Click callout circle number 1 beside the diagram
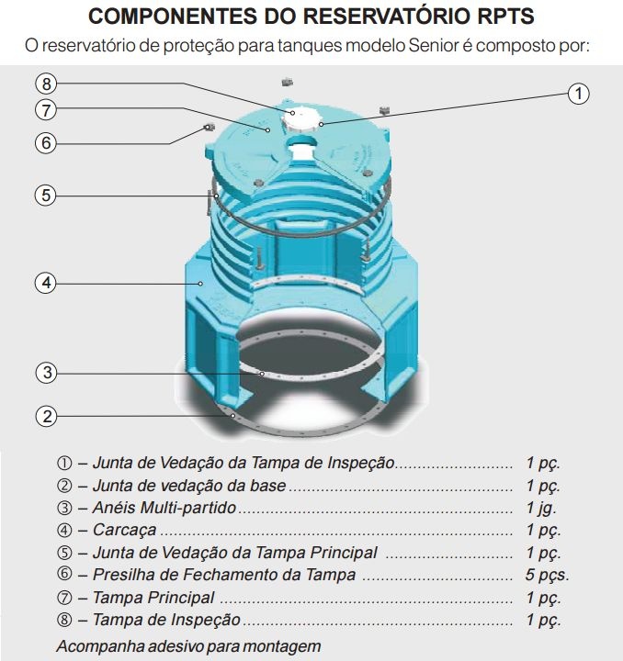tap(577, 94)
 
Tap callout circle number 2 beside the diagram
tap(48, 415)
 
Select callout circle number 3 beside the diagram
tap(48, 373)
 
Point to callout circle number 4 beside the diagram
tap(48, 283)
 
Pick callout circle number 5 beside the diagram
tap(48, 195)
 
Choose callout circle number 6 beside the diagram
tap(48, 143)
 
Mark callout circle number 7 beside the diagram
tap(48, 110)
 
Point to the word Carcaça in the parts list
tap(124, 531)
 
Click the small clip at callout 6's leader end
tap(209, 127)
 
